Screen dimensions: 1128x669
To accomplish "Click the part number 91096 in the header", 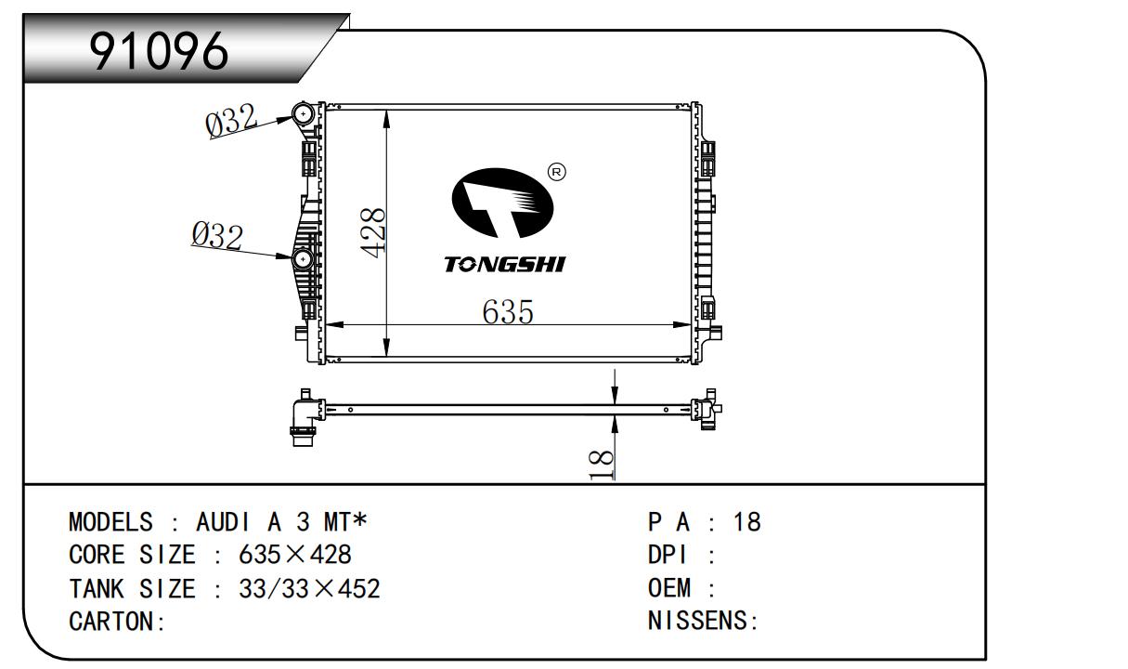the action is (x=159, y=51).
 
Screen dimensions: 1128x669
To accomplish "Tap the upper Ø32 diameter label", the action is (x=231, y=120).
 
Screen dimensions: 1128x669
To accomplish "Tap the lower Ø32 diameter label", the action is (x=217, y=236).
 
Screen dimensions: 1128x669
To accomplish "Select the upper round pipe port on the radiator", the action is (x=303, y=113).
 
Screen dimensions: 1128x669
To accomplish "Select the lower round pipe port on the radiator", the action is (x=303, y=259).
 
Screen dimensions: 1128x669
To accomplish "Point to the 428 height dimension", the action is (x=373, y=233).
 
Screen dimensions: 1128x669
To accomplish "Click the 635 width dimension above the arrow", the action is (x=508, y=311).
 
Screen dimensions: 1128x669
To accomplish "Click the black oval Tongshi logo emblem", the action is (x=502, y=203).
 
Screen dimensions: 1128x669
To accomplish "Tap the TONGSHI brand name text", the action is (x=505, y=264).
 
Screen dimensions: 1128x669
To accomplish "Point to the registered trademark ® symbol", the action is (x=556, y=173).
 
